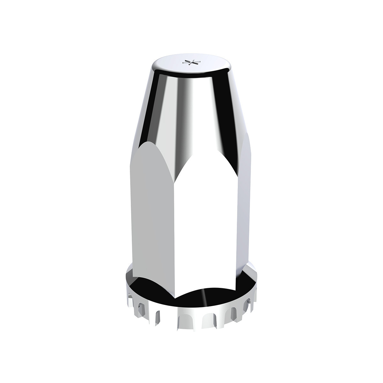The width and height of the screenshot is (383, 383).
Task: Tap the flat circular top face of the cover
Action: tap(179, 65)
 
